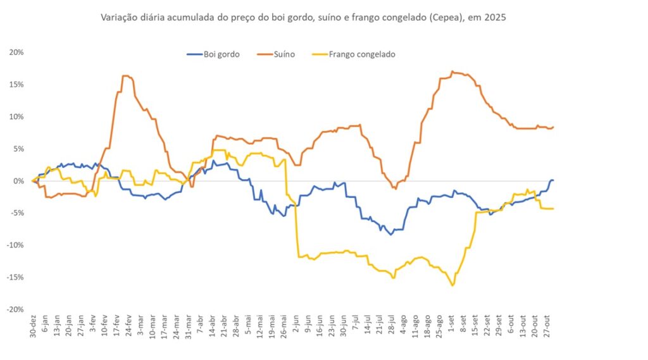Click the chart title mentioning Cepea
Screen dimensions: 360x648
click(x=304, y=18)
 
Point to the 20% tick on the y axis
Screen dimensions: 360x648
click(x=17, y=52)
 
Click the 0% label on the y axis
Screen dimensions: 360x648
click(x=19, y=181)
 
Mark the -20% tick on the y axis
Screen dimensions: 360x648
click(x=16, y=309)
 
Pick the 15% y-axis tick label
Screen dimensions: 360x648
click(x=17, y=84)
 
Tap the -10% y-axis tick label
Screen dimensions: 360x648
click(x=16, y=245)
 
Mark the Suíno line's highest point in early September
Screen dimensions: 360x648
click(x=452, y=71)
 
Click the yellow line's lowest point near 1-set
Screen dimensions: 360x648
click(x=453, y=285)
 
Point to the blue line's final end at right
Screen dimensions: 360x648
click(x=553, y=180)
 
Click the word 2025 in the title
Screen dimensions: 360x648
click(x=496, y=18)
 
